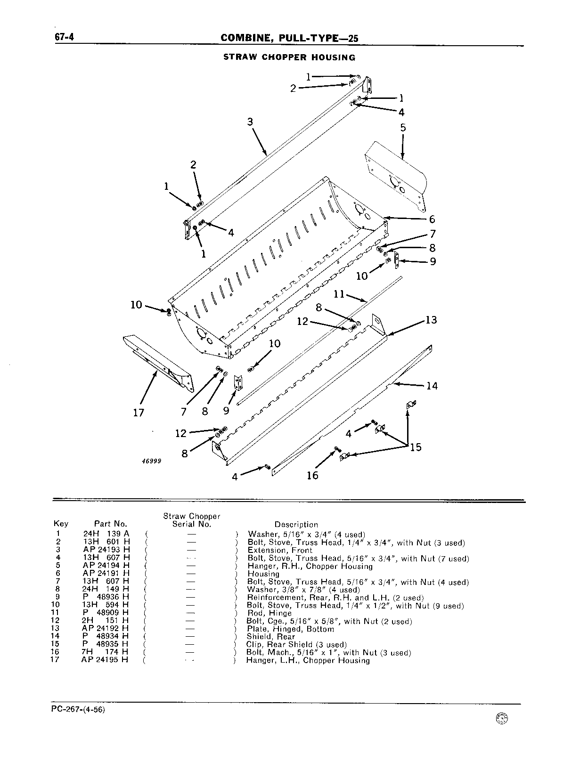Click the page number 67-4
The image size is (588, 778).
pos(64,37)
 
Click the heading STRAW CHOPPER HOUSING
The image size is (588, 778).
pos(289,57)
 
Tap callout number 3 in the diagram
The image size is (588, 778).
pos(250,122)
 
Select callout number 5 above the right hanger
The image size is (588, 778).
pos(403,128)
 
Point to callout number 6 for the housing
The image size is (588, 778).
pos(432,219)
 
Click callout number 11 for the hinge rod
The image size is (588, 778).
pos(339,294)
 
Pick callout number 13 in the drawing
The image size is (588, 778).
pos(431,320)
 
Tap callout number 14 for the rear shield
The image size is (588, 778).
pos(432,386)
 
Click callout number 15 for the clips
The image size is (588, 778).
pos(416,447)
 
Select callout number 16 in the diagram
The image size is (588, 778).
pos(312,475)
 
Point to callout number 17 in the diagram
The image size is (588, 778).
pos(139,413)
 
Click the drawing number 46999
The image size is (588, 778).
pos(151,461)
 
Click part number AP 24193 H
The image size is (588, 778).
pos(106,550)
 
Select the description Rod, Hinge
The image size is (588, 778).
pos(269,613)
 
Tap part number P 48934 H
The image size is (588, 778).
pos(105,636)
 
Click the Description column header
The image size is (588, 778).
pos(296,525)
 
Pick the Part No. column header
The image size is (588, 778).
pos(111,524)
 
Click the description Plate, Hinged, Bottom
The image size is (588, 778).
pos(290,629)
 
